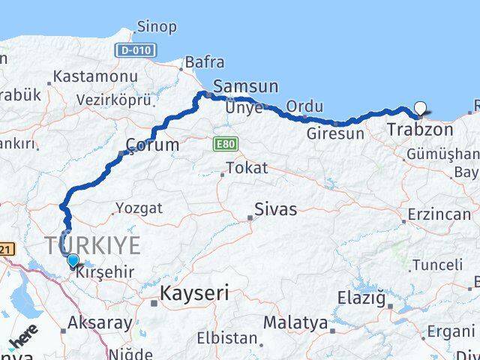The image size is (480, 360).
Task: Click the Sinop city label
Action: pyautogui.click(x=157, y=27)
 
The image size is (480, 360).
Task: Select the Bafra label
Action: pyautogui.click(x=204, y=61)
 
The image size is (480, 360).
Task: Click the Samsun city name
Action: pyautogui.click(x=245, y=85)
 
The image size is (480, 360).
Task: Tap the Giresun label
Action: pyautogui.click(x=335, y=133)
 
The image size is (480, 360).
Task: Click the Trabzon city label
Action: pyautogui.click(x=420, y=130)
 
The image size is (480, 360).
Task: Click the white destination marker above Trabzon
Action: pyautogui.click(x=421, y=108)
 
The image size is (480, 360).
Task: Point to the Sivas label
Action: pyautogui.click(x=275, y=209)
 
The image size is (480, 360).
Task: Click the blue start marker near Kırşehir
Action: pyautogui.click(x=73, y=260)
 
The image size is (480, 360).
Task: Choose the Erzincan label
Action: pyautogui.click(x=439, y=214)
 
